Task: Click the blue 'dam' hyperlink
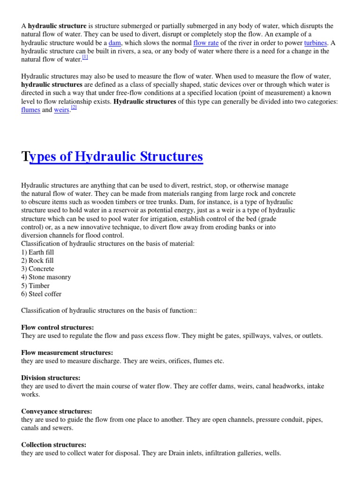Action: pos(115,43)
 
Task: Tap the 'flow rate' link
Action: pos(206,43)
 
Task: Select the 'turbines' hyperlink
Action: pos(315,43)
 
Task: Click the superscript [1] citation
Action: pos(85,57)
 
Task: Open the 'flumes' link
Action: pos(31,110)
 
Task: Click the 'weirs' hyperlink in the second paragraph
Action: pos(61,110)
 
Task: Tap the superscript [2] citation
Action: pos(74,107)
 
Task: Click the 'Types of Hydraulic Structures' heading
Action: pos(112,156)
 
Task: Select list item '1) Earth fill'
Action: pos(38,252)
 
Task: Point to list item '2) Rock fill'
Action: pos(37,261)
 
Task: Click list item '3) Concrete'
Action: pos(38,269)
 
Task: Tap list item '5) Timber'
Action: pos(36,286)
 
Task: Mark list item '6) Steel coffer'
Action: pos(42,294)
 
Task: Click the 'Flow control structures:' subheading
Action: pos(58,327)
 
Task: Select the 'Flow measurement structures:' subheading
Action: pos(67,352)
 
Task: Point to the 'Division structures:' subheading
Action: pos(51,378)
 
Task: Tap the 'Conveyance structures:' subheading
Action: pos(57,411)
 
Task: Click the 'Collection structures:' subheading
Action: pos(54,445)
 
